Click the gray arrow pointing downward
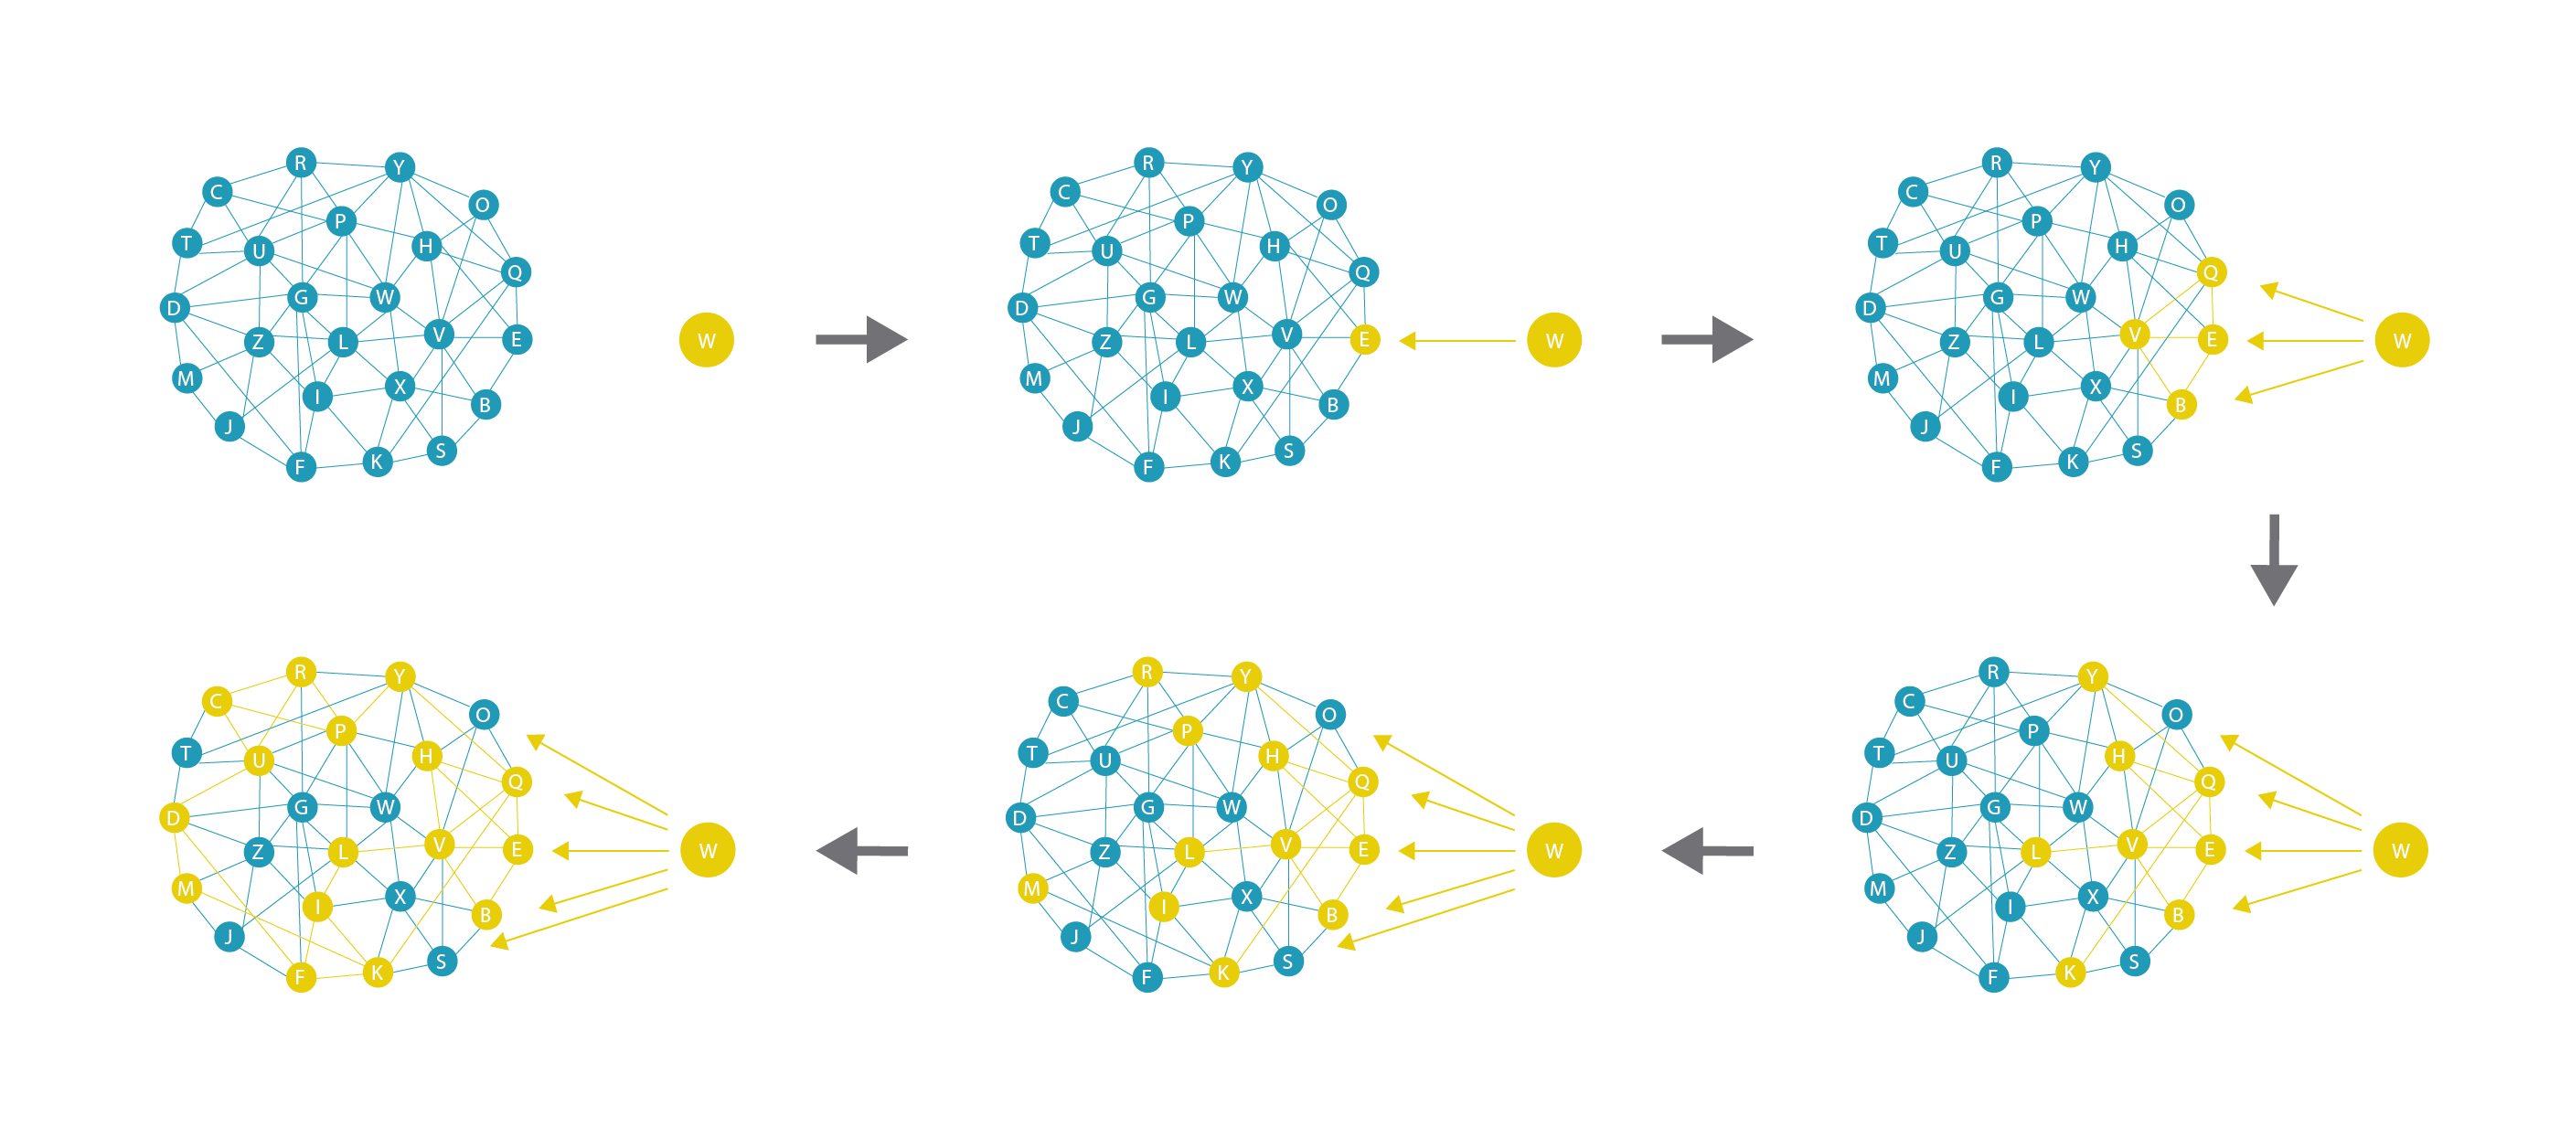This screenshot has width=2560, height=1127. pos(2273,558)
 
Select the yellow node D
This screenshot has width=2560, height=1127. pos(174,818)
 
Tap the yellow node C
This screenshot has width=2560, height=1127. pos(217,701)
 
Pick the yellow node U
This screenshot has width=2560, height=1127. pos(260,760)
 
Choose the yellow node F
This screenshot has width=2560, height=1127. pos(301,977)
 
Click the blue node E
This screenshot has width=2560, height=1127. pos(516,340)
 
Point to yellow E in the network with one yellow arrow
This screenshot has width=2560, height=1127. pos(1364,340)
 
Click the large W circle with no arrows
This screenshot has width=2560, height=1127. pos(707,340)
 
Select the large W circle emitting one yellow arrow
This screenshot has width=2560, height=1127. pos(1554,340)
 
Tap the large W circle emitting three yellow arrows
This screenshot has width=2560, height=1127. pos(2402,340)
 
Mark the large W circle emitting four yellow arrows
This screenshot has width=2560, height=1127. pos(2400,850)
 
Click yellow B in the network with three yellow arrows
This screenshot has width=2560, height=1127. pos(2181,405)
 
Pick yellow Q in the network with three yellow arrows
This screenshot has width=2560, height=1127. pos(2210,272)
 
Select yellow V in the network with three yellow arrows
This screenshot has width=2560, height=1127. pos(2134,335)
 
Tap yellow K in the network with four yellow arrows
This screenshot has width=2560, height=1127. pos(2070,972)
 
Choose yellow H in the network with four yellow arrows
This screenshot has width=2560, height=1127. pos(2118,756)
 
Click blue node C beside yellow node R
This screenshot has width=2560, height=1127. pos(1062,701)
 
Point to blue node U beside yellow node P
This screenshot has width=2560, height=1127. pos(1105,760)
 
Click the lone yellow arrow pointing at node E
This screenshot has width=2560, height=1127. pos(1458,341)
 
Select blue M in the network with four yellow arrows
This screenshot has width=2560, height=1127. pos(1878,888)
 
